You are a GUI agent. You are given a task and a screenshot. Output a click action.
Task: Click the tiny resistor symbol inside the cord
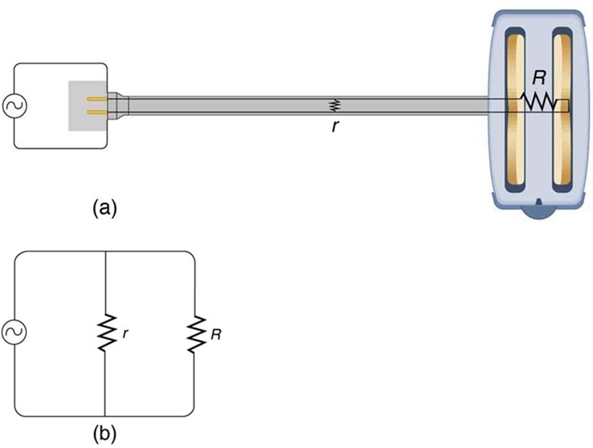(333, 105)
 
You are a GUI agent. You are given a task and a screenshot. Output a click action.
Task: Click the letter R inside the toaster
(539, 78)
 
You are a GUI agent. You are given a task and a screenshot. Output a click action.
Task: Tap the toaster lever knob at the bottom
(539, 212)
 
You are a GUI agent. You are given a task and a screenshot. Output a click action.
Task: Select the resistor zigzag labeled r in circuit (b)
(106, 333)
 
